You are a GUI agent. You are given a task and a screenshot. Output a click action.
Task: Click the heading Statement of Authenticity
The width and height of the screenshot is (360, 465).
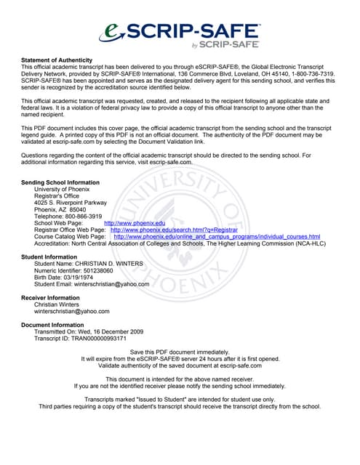click(57, 60)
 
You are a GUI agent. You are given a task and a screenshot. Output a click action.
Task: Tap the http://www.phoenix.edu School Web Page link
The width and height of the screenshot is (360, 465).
click(135, 223)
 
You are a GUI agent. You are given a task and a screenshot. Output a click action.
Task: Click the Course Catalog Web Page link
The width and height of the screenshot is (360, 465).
click(217, 237)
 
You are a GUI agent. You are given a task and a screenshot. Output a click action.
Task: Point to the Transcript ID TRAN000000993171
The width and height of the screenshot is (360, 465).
click(99, 339)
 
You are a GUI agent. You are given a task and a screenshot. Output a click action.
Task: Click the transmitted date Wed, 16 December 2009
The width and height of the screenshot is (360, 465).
click(111, 332)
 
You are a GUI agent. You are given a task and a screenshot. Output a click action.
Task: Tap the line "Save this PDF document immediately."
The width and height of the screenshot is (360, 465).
click(179, 352)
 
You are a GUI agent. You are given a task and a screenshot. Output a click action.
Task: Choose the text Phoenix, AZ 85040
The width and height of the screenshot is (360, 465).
click(65, 209)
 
